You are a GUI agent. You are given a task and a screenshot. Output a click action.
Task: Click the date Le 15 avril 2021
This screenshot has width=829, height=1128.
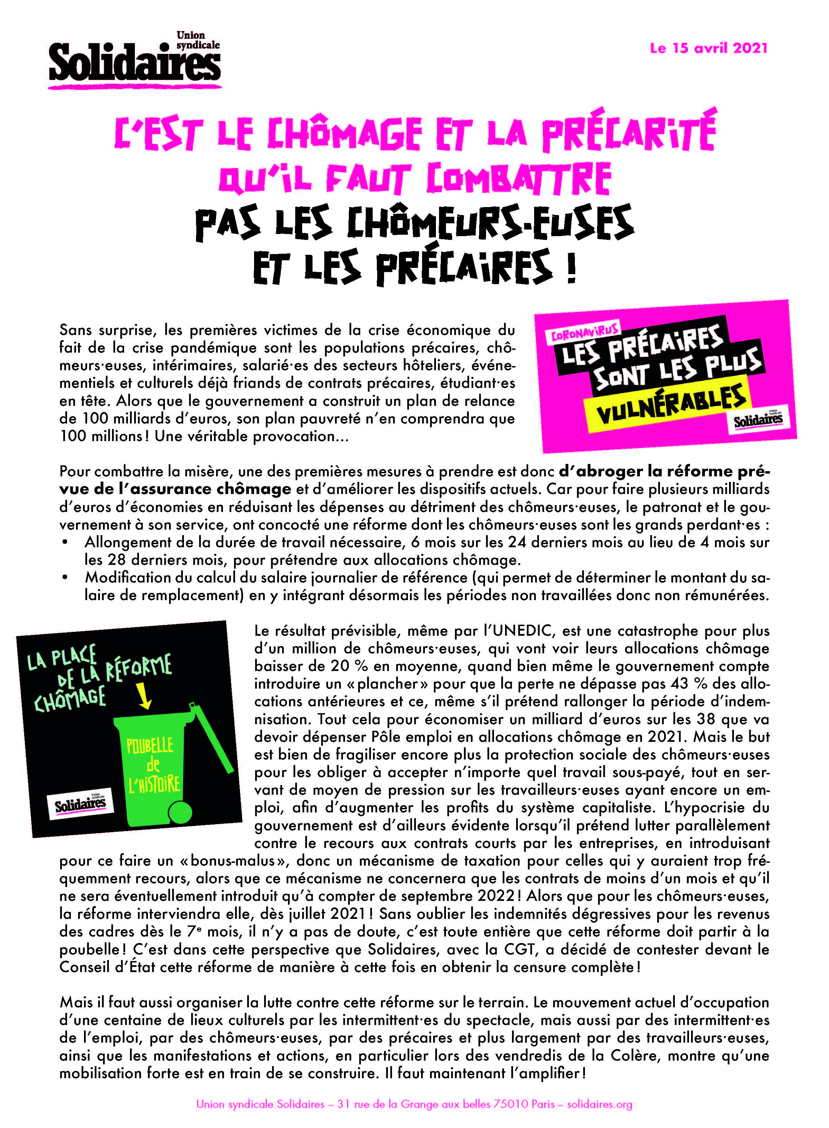click(x=709, y=48)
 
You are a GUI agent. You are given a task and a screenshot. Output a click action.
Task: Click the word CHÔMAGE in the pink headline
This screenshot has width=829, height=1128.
click(x=343, y=134)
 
